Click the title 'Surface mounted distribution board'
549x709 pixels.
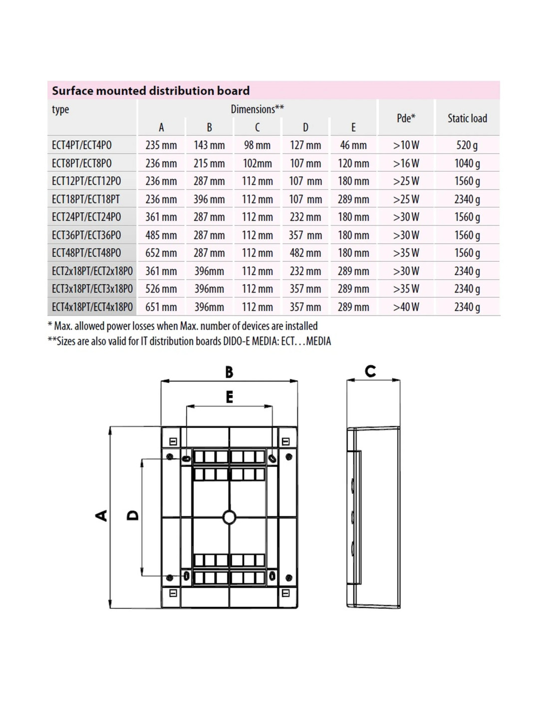point(151,91)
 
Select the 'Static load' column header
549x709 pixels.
point(467,118)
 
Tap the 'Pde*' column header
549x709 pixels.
point(406,118)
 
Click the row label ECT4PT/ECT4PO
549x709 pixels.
point(82,145)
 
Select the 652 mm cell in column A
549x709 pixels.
point(161,253)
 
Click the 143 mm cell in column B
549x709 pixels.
point(209,145)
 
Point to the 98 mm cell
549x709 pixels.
point(257,145)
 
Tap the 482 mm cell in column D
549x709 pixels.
point(305,253)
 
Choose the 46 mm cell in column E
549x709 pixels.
point(353,145)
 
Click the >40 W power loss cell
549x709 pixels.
point(406,307)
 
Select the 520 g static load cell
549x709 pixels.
point(467,145)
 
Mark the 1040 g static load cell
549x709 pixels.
point(467,163)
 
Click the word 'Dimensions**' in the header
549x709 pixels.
point(257,109)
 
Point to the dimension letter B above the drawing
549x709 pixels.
point(229,372)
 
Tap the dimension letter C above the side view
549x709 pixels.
point(370,371)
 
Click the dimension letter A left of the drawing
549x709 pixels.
point(101,515)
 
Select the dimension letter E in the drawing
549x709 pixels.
point(230,397)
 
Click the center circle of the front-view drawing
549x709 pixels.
point(229,517)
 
